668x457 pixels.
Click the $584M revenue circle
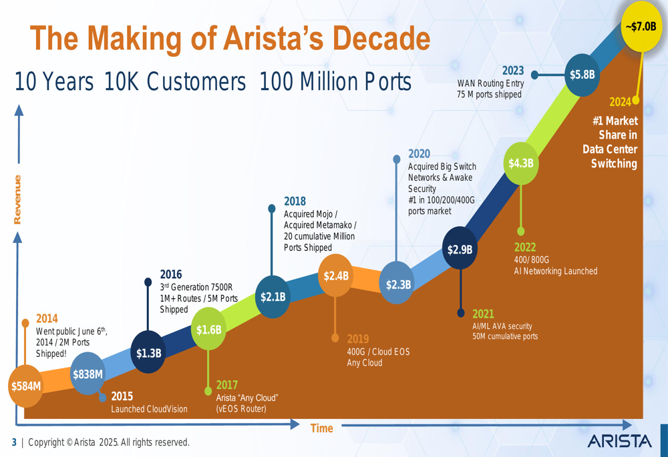pos(25,386)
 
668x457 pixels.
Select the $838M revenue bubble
pos(88,374)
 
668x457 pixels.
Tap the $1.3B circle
pos(148,353)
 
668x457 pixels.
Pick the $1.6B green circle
pos(208,329)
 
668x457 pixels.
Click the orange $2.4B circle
pos(336,276)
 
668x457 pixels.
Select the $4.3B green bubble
pos(520,163)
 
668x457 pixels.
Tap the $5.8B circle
pos(582,75)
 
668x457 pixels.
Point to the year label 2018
pos(295,201)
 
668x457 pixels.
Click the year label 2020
pos(419,154)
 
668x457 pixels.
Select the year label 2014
pos(47,318)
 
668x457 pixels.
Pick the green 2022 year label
pos(525,248)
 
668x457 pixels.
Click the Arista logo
pos(619,441)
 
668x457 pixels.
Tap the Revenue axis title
pos(17,199)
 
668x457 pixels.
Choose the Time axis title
pos(321,428)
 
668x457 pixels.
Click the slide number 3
pos(13,442)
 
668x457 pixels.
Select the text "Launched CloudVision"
pos(149,409)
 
